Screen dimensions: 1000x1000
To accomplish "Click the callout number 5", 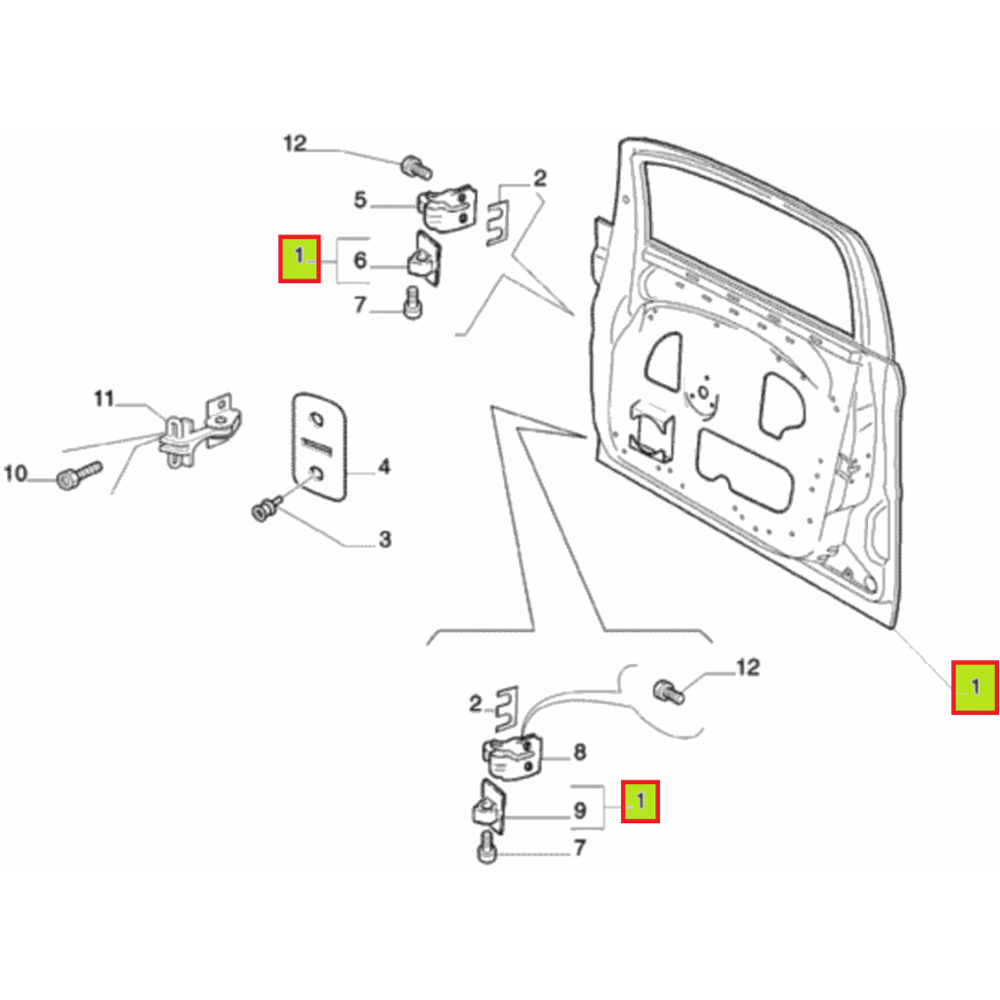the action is [x=360, y=200].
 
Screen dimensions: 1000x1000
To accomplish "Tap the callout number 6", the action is [x=360, y=260].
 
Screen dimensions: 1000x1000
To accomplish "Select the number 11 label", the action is [x=104, y=399].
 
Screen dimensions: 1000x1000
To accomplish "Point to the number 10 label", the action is [x=16, y=474].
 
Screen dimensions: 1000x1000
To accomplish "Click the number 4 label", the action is [x=384, y=467].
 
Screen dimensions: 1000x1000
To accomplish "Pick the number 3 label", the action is [x=385, y=539].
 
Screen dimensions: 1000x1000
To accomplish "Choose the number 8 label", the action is [x=580, y=752].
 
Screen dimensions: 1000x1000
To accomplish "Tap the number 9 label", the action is [x=580, y=811].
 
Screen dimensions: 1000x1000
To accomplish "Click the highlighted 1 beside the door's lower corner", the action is [x=976, y=687].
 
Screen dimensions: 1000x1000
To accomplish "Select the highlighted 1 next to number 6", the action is [x=299, y=258].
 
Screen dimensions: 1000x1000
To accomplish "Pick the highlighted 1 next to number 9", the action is [x=641, y=801].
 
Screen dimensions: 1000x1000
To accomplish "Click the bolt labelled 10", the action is [x=79, y=476].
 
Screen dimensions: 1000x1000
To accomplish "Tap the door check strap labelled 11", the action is [x=199, y=429].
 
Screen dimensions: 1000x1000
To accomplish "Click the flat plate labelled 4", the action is [x=319, y=446].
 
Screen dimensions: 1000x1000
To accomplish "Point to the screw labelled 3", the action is [x=267, y=508].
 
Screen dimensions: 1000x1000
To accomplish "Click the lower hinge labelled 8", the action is [x=512, y=758].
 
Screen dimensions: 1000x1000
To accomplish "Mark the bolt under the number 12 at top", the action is [x=416, y=168].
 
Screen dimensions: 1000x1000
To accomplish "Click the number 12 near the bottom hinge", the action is [x=748, y=668].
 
